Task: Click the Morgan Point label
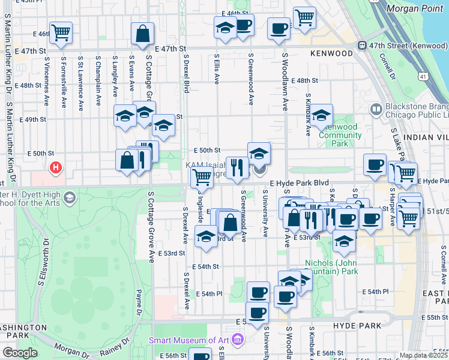click(x=414, y=8)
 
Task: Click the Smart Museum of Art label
click(x=188, y=340)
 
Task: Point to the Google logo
click(x=20, y=353)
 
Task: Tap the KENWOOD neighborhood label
click(x=331, y=53)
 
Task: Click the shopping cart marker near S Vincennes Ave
click(x=61, y=33)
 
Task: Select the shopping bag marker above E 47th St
click(x=143, y=34)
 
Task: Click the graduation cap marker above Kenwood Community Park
click(x=322, y=115)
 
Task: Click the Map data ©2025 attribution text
click(x=423, y=355)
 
